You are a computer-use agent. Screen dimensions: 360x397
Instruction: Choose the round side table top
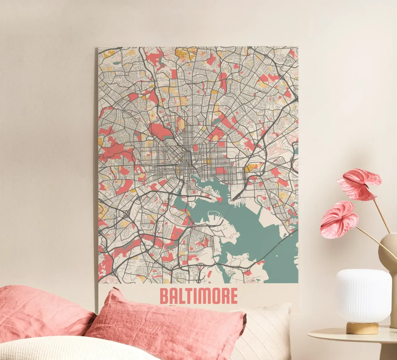pyautogui.click(x=347, y=337)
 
